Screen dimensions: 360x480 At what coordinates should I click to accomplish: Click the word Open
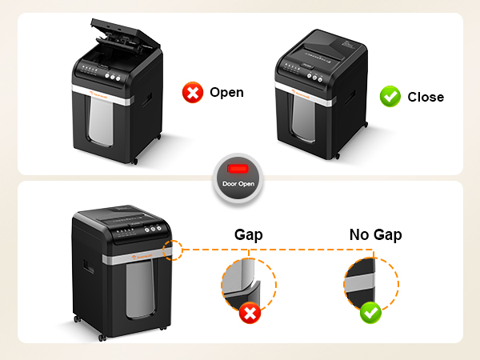[x=226, y=93]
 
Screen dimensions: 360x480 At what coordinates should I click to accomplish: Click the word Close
[x=426, y=97]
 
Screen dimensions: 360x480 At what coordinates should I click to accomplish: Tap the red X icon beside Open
[x=192, y=93]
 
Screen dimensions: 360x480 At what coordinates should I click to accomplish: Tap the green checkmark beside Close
[x=389, y=97]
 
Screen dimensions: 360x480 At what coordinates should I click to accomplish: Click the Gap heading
[x=248, y=235]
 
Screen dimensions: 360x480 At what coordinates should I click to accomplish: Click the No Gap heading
[x=375, y=235]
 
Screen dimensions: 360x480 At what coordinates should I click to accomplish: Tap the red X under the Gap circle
[x=250, y=313]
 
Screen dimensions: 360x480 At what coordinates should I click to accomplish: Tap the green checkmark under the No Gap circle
[x=370, y=312]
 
